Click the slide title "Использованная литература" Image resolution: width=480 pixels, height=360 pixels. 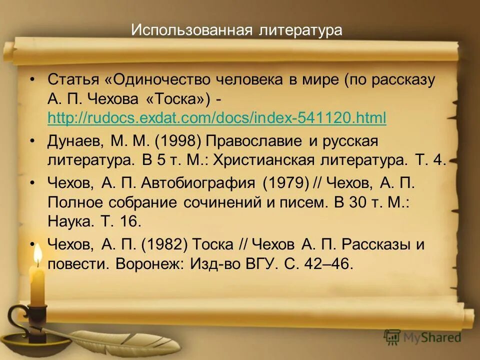point(236,30)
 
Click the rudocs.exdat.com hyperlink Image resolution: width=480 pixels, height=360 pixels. point(217,118)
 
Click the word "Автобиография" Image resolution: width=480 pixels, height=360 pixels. point(198,183)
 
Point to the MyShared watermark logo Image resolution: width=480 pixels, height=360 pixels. point(422,337)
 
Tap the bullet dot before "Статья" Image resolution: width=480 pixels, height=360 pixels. point(32,79)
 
